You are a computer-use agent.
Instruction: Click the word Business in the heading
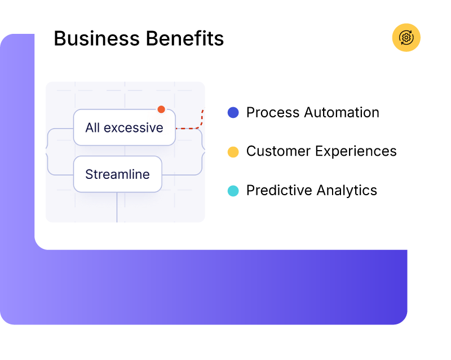[x=95, y=39]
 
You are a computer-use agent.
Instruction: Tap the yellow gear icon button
[x=406, y=38]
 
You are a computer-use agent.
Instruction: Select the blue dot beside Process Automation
[x=233, y=113]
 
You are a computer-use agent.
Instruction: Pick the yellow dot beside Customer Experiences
[x=233, y=152]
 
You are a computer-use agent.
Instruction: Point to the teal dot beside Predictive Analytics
[x=233, y=191]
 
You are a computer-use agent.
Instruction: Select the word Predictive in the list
[x=273, y=191]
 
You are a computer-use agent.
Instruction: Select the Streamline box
[x=117, y=174]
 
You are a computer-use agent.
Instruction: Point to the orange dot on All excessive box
[x=161, y=109]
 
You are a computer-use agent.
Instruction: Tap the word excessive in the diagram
[x=133, y=128]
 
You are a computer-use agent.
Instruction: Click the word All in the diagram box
[x=92, y=128]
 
